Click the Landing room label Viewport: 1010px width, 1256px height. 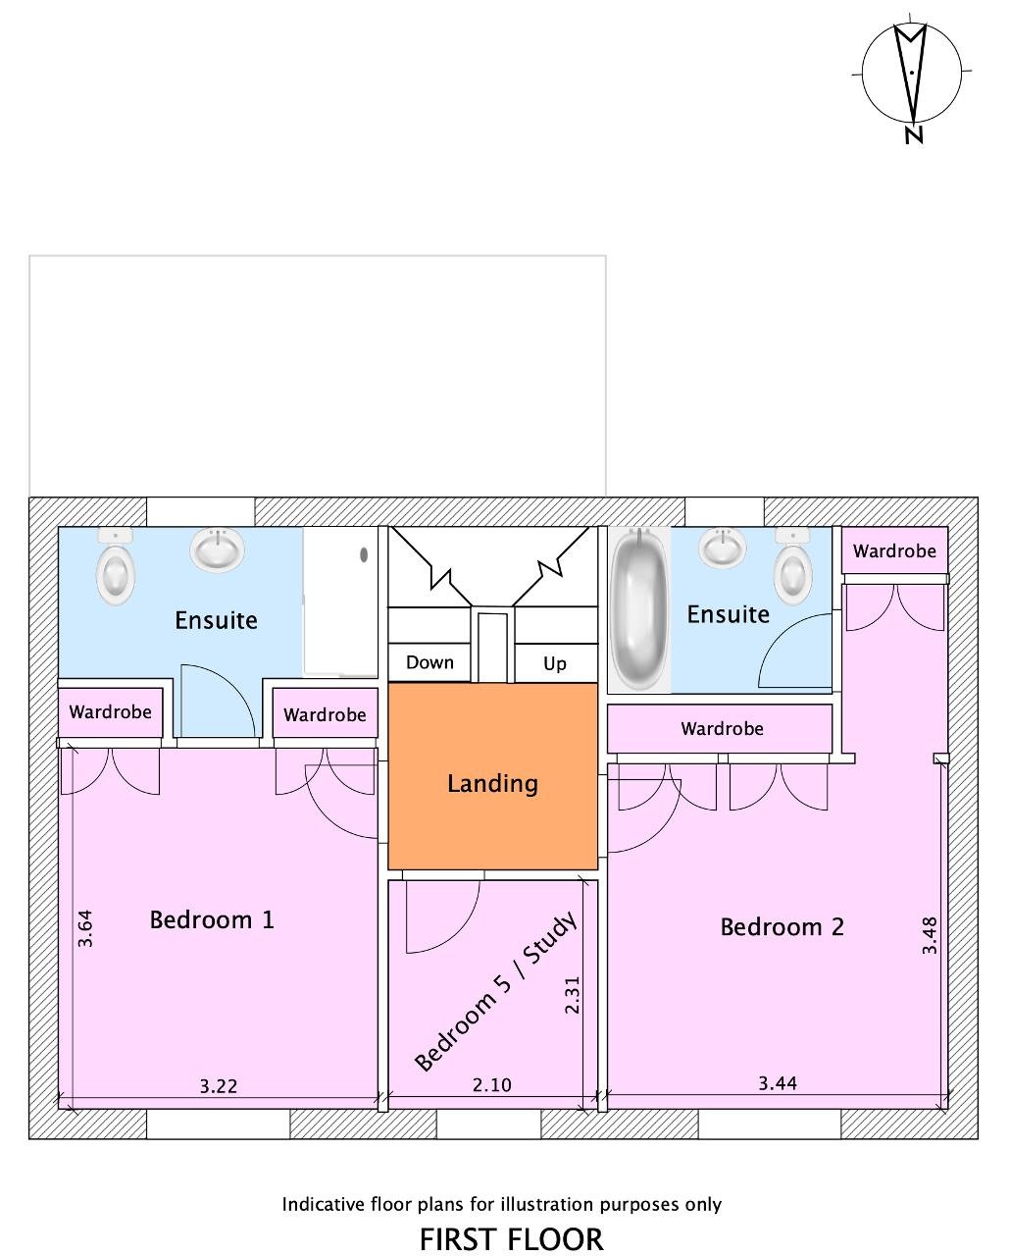click(492, 783)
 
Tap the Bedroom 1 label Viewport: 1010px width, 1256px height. click(212, 919)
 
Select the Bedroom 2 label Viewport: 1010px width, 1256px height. click(782, 926)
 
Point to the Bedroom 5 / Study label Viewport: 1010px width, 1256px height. click(495, 992)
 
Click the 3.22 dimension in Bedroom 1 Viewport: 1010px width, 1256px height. click(219, 1086)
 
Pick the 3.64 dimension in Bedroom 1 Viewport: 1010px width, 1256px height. click(85, 928)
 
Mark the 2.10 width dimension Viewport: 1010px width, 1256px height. click(492, 1085)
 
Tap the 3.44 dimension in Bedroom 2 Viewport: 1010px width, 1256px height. click(778, 1083)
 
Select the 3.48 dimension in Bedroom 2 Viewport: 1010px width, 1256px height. click(930, 935)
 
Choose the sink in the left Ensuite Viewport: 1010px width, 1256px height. click(217, 549)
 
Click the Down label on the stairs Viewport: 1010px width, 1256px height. click(429, 662)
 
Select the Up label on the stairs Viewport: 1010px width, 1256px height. click(555, 664)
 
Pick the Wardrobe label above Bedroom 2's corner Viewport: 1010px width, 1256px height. click(894, 550)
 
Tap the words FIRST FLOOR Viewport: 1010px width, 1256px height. click(511, 1239)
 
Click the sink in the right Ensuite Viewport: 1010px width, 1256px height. click(725, 548)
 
